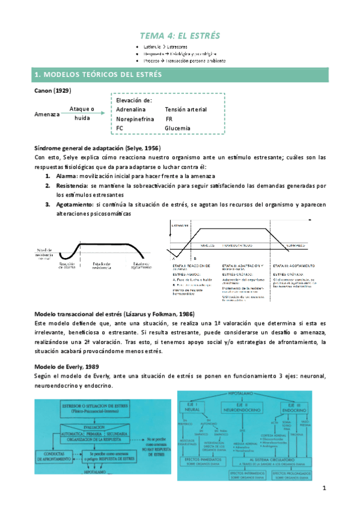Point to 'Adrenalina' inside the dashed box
pos(132,109)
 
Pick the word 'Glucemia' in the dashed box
pos(177,128)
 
